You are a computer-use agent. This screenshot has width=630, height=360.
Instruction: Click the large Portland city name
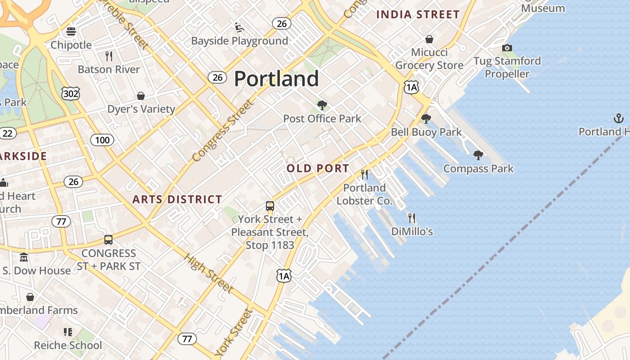pyautogui.click(x=276, y=79)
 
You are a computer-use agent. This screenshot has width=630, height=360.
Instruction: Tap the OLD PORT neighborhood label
pyautogui.click(x=318, y=168)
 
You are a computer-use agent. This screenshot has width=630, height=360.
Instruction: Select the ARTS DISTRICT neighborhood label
pyautogui.click(x=177, y=199)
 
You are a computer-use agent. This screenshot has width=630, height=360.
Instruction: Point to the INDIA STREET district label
pyautogui.click(x=418, y=14)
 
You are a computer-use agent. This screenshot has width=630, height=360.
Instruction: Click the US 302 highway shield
pyautogui.click(x=71, y=93)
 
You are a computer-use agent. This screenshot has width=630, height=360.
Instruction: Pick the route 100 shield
pyautogui.click(x=102, y=140)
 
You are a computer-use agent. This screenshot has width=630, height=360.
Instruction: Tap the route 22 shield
pyautogui.click(x=8, y=133)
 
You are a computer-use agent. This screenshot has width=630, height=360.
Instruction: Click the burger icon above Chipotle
pyautogui.click(x=71, y=31)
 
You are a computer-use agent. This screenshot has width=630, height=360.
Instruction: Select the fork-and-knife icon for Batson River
pyautogui.click(x=108, y=56)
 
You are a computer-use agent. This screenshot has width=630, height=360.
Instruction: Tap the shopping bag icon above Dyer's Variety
pyautogui.click(x=141, y=96)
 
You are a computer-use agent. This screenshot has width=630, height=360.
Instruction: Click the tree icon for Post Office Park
pyautogui.click(x=322, y=105)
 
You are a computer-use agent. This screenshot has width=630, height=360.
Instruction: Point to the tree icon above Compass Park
pyautogui.click(x=478, y=155)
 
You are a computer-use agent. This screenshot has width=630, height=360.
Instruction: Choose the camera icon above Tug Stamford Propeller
pyautogui.click(x=507, y=48)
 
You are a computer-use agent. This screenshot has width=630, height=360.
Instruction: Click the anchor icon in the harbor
pyautogui.click(x=618, y=118)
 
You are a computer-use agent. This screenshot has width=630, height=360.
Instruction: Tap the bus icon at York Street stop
pyautogui.click(x=270, y=206)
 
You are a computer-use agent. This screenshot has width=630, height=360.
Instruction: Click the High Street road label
pyautogui.click(x=209, y=273)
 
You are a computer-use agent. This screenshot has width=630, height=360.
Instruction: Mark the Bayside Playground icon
pyautogui.click(x=239, y=27)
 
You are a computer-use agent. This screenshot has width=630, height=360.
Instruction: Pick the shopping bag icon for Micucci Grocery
pyautogui.click(x=429, y=39)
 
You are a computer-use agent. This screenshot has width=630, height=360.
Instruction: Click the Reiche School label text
pyautogui.click(x=68, y=345)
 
